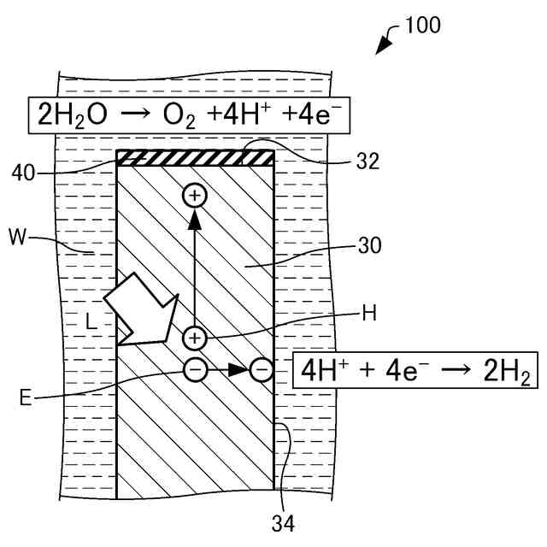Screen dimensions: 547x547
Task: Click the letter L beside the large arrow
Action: (92, 322)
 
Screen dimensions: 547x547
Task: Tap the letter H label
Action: (369, 313)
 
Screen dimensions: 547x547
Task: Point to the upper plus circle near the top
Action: (195, 197)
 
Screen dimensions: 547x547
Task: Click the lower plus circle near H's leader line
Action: (195, 338)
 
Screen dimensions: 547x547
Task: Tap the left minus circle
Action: (195, 369)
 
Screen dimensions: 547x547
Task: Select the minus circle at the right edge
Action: (262, 369)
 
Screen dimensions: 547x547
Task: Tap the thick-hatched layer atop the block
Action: (195, 157)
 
